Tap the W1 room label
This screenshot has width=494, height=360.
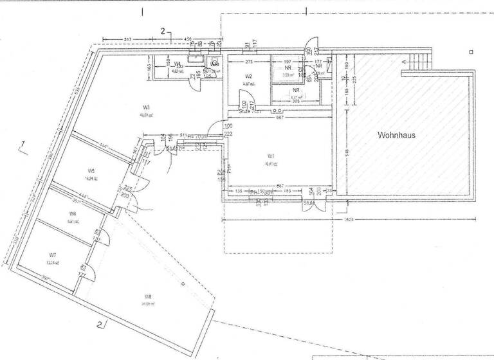(x=271, y=156)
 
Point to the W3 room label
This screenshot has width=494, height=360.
(x=147, y=107)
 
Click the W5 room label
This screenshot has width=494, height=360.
(x=91, y=170)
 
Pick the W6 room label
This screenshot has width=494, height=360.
(x=73, y=213)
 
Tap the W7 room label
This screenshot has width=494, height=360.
(x=53, y=255)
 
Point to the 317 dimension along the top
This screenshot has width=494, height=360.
(x=127, y=39)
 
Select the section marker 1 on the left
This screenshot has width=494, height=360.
(x=23, y=143)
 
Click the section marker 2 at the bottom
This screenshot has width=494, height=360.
(x=100, y=323)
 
